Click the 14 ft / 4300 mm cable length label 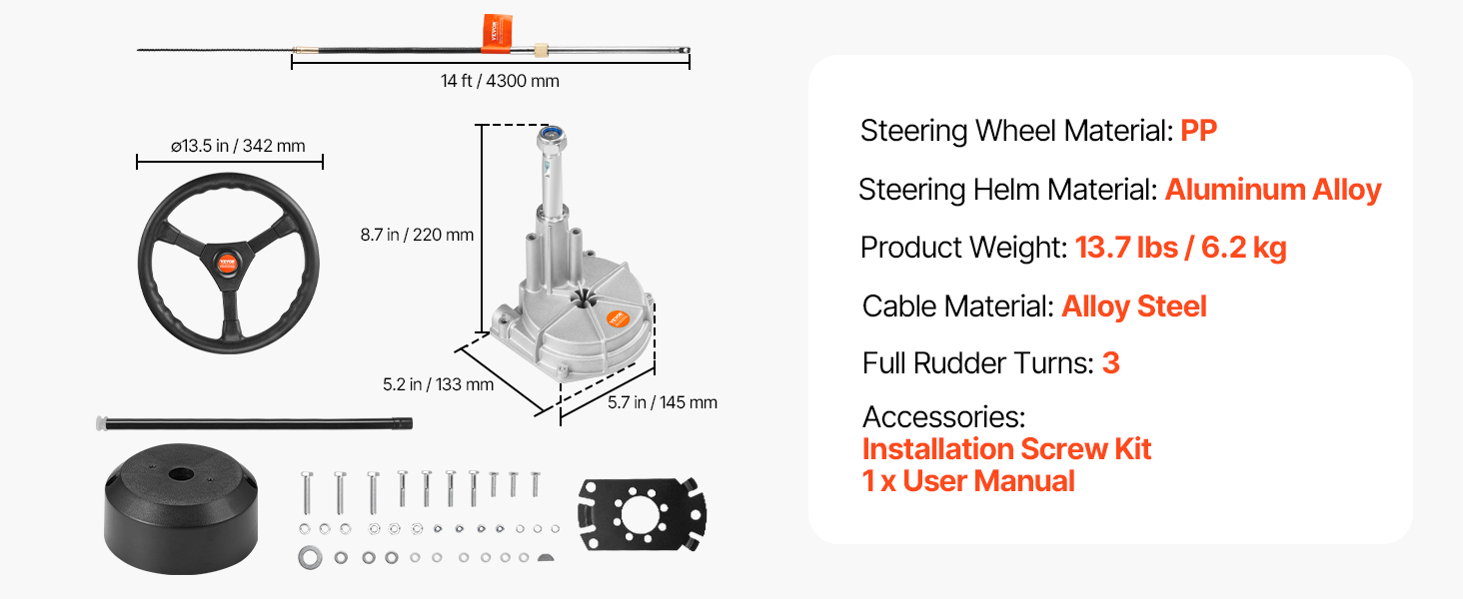500,81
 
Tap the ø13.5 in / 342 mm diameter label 238,146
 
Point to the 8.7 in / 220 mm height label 417,236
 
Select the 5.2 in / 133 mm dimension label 438,383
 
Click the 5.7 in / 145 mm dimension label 663,402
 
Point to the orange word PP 1198,131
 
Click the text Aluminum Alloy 1272,190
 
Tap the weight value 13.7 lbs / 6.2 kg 1180,248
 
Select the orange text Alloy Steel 1134,306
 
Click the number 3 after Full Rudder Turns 1110,363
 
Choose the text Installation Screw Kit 1006,449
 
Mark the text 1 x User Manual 968,481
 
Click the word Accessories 943,416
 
